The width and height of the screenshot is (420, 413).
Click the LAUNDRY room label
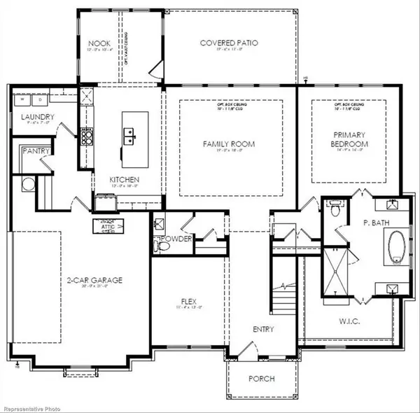33,117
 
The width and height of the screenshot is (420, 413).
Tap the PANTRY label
34,150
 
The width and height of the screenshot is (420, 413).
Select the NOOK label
94,43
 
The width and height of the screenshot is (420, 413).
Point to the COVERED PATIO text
230,43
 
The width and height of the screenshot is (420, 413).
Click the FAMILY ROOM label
229,144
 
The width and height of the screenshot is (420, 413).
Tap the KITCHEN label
124,180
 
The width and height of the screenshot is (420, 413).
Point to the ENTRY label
263,329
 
